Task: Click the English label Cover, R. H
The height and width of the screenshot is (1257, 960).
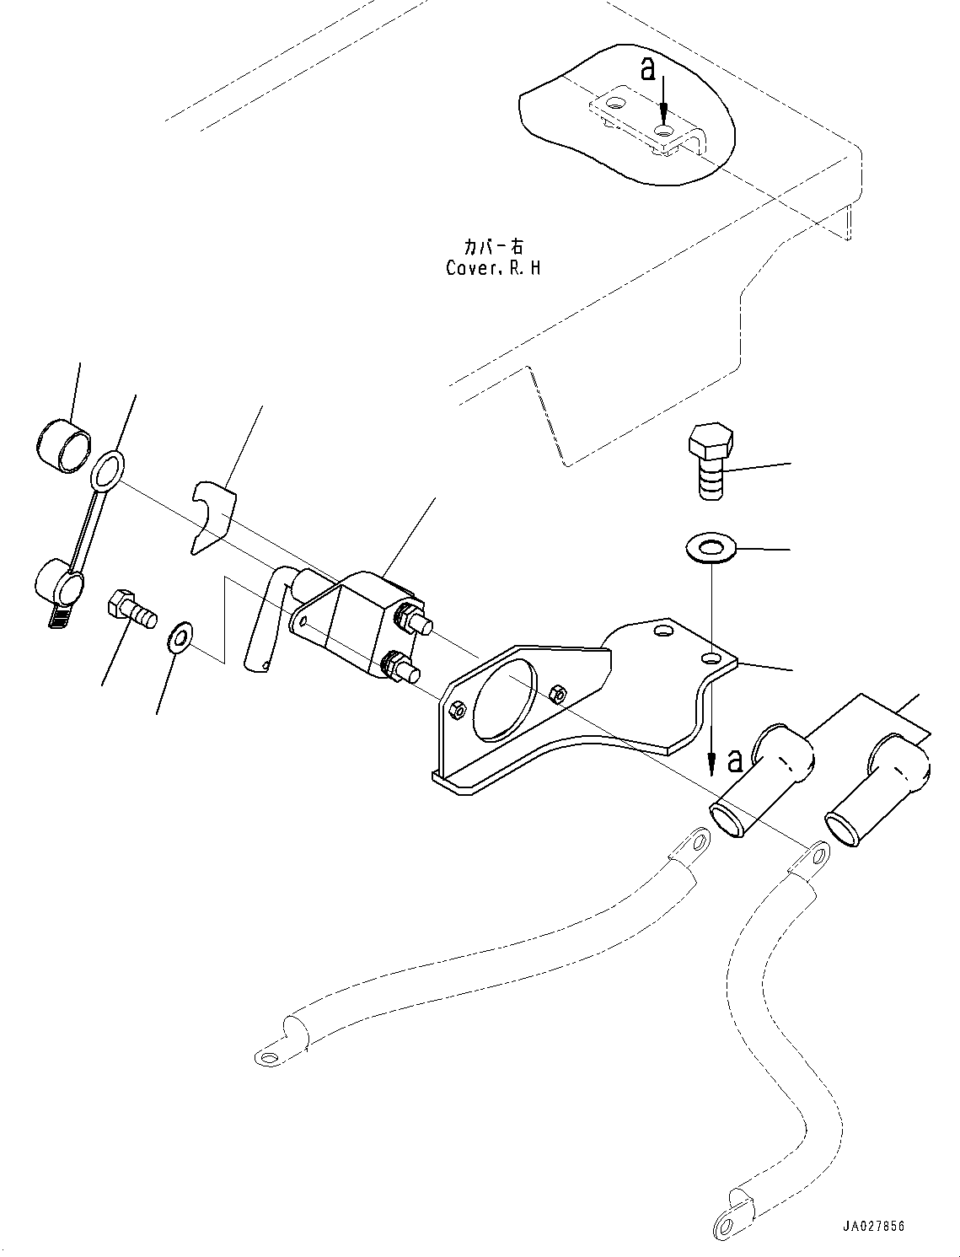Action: click(493, 268)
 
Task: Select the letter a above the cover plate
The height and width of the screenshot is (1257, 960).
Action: click(647, 70)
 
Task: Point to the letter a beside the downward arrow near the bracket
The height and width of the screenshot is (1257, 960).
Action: click(734, 761)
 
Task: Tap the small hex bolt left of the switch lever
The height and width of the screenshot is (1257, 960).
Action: click(131, 610)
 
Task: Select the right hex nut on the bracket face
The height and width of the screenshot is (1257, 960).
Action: click(558, 694)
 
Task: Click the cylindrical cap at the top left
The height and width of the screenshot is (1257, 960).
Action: click(63, 444)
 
